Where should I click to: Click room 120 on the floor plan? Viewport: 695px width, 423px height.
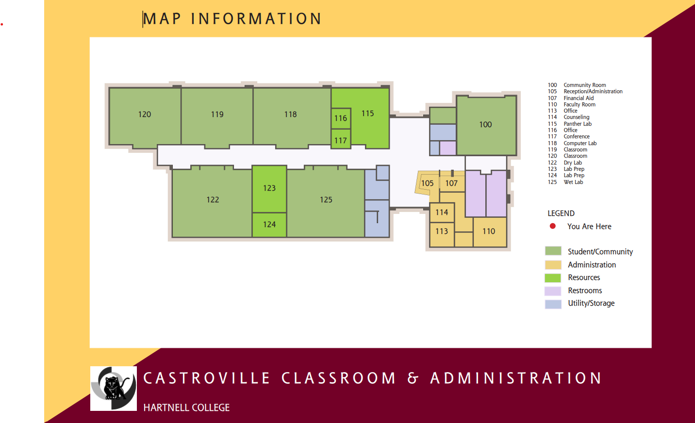[x=145, y=114]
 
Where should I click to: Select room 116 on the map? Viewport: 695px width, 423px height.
[x=341, y=118]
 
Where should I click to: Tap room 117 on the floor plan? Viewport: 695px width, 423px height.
[x=341, y=141]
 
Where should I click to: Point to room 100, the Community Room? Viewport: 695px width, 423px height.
[x=485, y=125]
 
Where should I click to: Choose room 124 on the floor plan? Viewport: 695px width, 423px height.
[x=269, y=225]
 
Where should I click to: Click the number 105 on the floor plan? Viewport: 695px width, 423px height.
[x=427, y=183]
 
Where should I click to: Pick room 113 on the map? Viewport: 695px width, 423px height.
[x=442, y=231]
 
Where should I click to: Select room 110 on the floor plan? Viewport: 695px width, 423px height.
[x=489, y=231]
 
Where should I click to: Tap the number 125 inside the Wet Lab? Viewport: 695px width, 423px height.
[x=326, y=200]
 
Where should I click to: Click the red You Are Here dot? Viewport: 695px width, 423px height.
[x=552, y=226]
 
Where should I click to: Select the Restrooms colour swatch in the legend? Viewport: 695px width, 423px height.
[x=553, y=291]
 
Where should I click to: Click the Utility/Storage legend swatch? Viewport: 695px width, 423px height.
[x=553, y=304]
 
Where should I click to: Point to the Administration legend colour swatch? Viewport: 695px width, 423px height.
[x=553, y=265]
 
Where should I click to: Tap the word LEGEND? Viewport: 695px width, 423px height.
[x=561, y=213]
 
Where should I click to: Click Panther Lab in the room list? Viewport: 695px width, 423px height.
[x=578, y=124]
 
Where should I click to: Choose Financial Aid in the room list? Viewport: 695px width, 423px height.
[x=579, y=98]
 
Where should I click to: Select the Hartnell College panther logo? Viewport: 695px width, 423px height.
[x=114, y=388]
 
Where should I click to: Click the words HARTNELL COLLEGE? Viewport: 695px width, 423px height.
[x=186, y=407]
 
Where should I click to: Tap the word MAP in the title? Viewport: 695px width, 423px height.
[x=162, y=19]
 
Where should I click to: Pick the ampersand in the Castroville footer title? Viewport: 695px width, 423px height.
[x=413, y=378]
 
